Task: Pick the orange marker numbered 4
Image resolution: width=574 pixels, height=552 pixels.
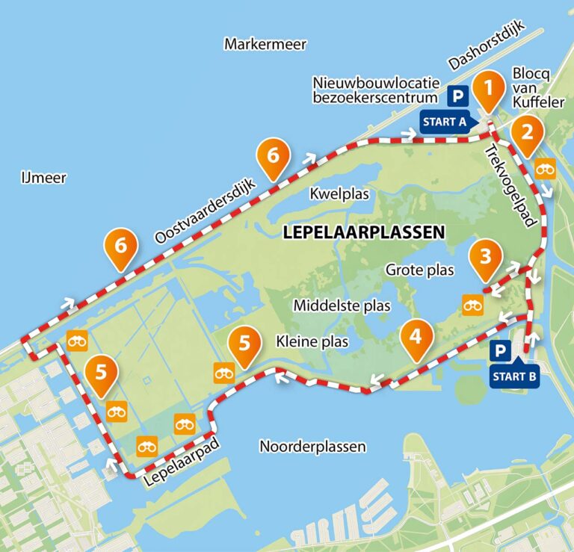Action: click(x=416, y=337)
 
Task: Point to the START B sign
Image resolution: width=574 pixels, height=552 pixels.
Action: click(x=514, y=376)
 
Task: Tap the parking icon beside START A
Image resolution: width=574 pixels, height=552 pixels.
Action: click(x=457, y=96)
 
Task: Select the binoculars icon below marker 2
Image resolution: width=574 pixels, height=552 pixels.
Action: click(x=546, y=170)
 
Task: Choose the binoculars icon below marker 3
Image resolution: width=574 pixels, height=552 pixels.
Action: click(x=472, y=305)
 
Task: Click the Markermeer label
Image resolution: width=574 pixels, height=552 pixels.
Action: click(x=265, y=45)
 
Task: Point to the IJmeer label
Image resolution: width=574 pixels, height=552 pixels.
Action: click(x=43, y=178)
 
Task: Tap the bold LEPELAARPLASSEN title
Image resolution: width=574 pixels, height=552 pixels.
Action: click(x=364, y=232)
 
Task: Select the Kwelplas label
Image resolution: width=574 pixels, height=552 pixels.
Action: click(x=340, y=194)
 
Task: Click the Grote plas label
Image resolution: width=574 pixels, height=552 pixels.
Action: click(x=419, y=270)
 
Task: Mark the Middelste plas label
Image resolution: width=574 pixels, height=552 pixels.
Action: click(x=342, y=306)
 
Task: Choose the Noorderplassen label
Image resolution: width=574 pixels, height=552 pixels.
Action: click(x=312, y=447)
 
